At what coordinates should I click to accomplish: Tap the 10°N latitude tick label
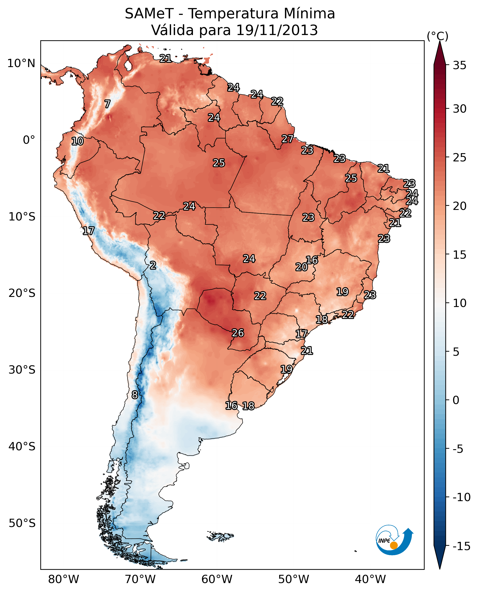(x=21, y=64)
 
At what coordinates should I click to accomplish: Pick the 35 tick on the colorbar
(x=459, y=65)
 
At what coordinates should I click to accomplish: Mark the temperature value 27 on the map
(x=287, y=139)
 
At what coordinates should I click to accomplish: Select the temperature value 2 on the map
(x=153, y=266)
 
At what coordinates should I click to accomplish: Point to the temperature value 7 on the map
(x=107, y=104)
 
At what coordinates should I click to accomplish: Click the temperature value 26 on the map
(x=238, y=333)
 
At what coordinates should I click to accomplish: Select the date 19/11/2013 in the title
(x=277, y=30)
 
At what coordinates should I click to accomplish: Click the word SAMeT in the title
(x=149, y=14)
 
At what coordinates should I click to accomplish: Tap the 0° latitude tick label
(x=29, y=140)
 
